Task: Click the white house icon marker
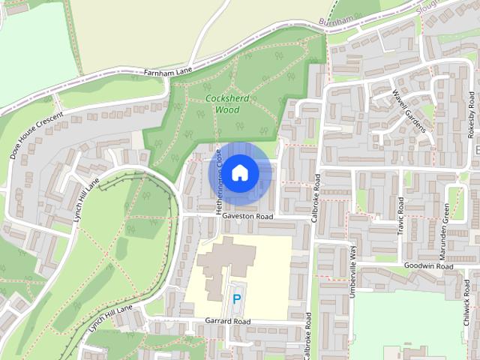click(x=239, y=173)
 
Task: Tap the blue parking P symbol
click(x=237, y=299)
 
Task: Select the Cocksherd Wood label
click(x=222, y=104)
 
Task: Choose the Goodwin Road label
click(x=427, y=266)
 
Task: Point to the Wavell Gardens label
click(x=409, y=110)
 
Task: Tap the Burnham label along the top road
click(x=334, y=21)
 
